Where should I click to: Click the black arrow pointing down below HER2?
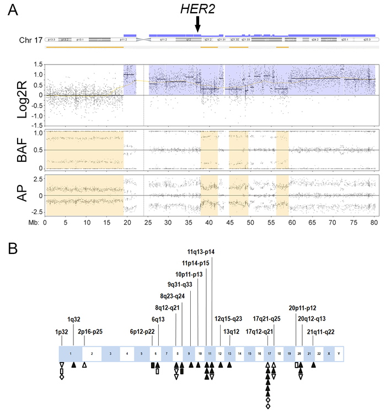pos(198,24)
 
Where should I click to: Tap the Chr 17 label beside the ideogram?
pos(29,40)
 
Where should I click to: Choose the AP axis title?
pos(23,195)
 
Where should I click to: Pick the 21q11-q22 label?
pos(321,332)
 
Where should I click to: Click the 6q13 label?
pos(159,319)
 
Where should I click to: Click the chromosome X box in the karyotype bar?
pos(329,353)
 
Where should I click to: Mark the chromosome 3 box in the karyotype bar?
pos(110,353)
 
